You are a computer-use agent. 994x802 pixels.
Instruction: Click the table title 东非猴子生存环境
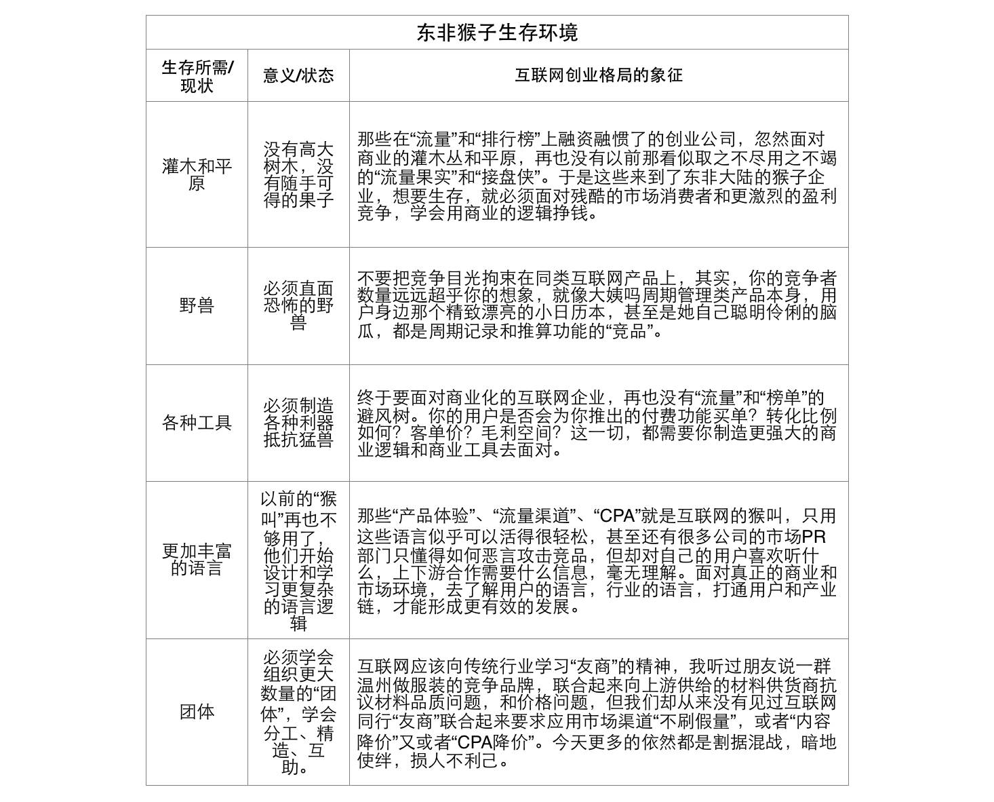tap(497, 33)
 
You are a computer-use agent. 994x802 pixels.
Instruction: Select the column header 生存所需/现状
tap(197, 76)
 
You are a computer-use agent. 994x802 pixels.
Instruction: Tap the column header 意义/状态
tap(298, 75)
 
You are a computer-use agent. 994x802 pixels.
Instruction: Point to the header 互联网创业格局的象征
tap(599, 75)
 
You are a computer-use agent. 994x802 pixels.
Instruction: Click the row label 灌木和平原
tap(197, 174)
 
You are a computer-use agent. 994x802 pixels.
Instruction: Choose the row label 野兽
tap(197, 305)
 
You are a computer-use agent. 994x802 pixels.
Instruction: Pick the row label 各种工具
tap(197, 423)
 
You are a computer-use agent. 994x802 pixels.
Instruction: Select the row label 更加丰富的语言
tap(197, 560)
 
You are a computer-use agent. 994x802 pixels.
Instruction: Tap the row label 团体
tap(197, 712)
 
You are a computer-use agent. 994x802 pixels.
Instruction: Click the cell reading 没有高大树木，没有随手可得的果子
tap(298, 174)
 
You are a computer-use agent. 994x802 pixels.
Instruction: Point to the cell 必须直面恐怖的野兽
tap(298, 306)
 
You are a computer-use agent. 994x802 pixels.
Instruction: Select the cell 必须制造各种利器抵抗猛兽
tap(298, 423)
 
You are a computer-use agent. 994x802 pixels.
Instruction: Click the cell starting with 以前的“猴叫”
tap(298, 560)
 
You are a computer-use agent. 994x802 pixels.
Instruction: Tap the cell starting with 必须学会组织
tap(298, 712)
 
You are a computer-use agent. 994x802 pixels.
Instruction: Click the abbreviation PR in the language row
tap(814, 537)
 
